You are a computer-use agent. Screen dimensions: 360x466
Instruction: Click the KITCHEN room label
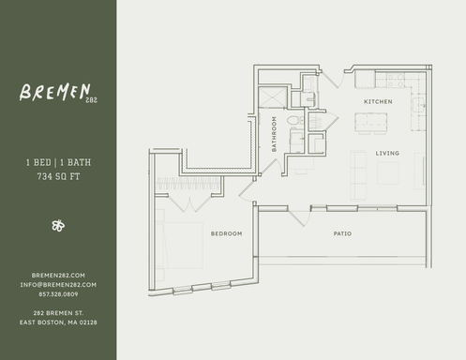pyautogui.click(x=378, y=101)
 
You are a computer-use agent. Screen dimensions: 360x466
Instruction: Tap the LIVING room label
pyautogui.click(x=388, y=153)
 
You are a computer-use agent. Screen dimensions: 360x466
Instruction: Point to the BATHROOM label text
pyautogui.click(x=275, y=134)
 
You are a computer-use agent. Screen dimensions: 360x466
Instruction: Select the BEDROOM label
pyautogui.click(x=226, y=232)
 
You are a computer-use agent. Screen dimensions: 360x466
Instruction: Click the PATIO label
pyautogui.click(x=342, y=232)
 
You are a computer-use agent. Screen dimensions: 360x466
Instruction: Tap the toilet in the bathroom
pyautogui.click(x=293, y=122)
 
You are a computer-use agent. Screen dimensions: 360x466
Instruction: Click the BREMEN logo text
pyautogui.click(x=52, y=93)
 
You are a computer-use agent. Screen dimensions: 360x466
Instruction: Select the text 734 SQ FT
pyautogui.click(x=57, y=175)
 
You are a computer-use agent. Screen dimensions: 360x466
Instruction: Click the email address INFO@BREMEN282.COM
pyautogui.click(x=58, y=284)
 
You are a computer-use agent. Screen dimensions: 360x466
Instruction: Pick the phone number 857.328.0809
pyautogui.click(x=58, y=293)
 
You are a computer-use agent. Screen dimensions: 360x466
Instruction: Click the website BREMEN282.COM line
pyautogui.click(x=58, y=275)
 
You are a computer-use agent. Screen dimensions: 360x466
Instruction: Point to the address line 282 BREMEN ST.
pyautogui.click(x=58, y=312)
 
